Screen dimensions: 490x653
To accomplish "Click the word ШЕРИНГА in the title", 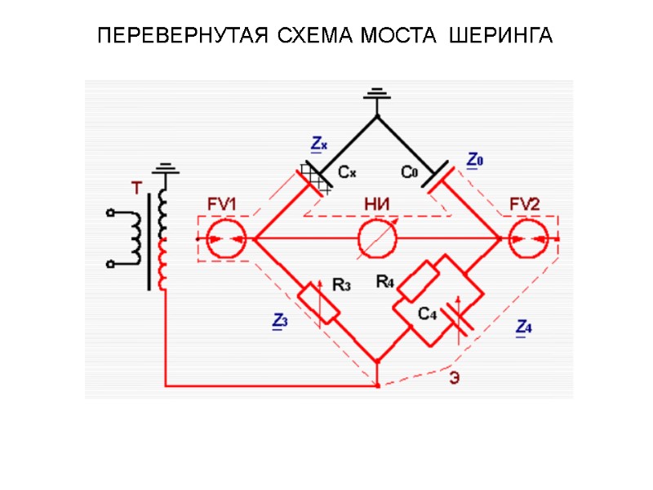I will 500,37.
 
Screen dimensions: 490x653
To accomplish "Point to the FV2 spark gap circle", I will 526,239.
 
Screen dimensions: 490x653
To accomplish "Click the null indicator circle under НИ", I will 377,239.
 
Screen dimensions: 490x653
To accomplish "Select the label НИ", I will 376,206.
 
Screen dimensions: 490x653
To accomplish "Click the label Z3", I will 278,323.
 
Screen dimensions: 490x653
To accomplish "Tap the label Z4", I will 524,328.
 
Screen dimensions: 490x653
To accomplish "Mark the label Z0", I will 474,160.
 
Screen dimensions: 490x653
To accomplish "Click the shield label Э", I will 453,378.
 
